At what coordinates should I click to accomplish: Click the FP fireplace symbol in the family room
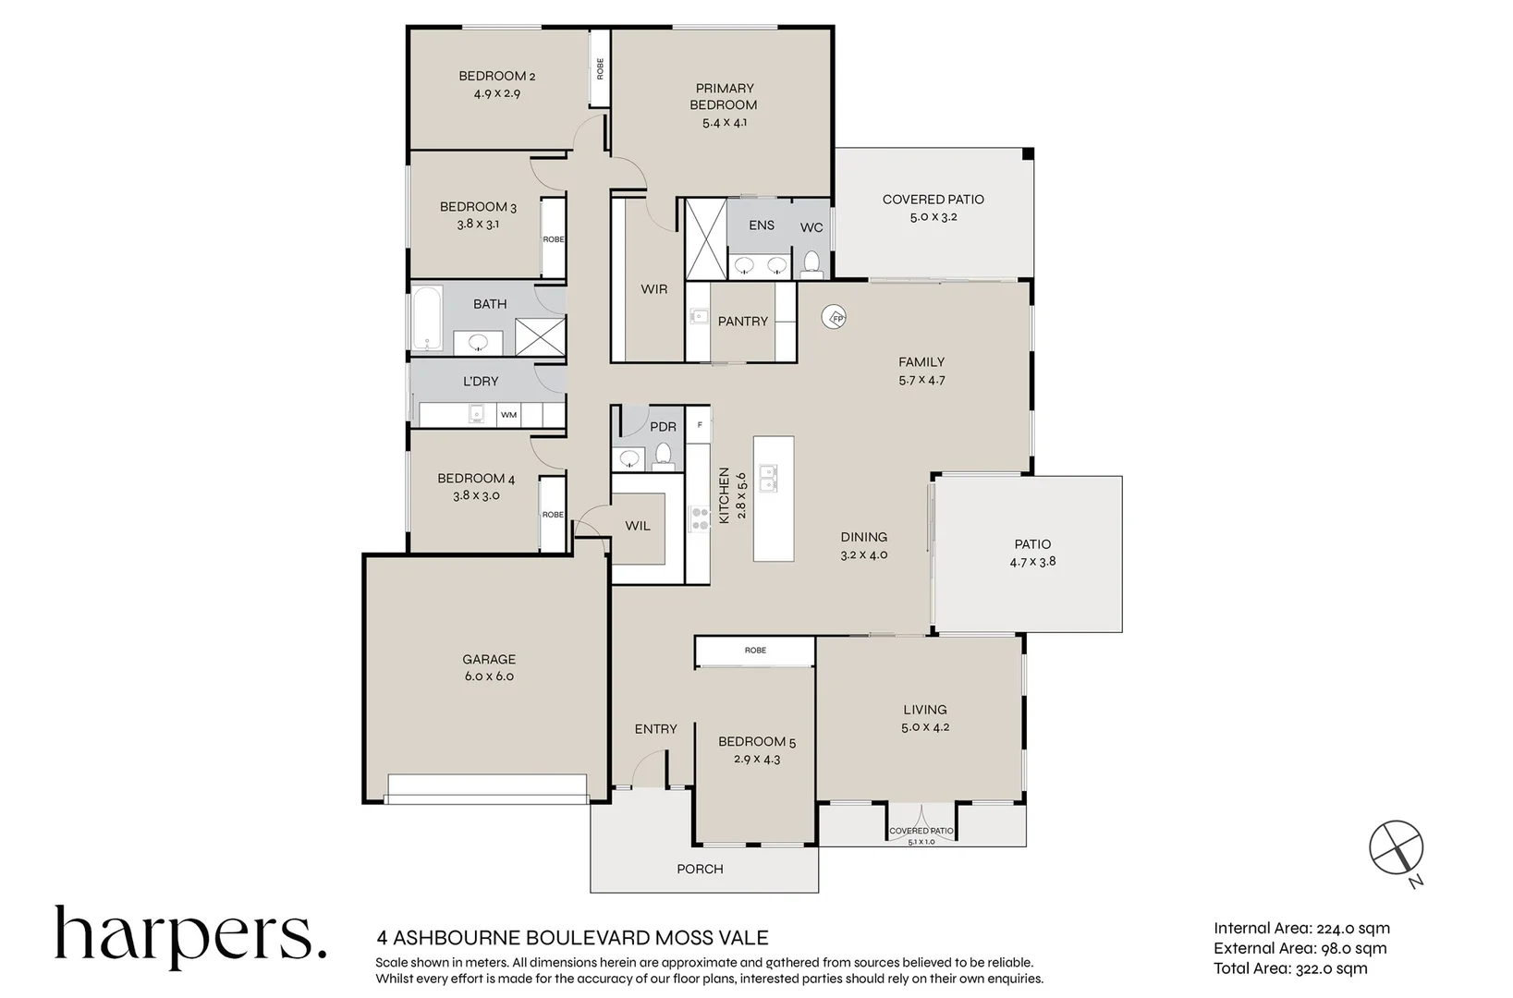836,318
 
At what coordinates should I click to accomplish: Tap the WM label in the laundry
508,415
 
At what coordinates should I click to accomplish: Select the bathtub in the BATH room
426,319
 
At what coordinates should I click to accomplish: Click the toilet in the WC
811,262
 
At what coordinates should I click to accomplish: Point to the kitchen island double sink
767,479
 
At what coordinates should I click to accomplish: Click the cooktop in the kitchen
699,517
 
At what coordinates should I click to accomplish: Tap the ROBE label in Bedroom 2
600,67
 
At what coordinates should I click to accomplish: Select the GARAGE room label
489,659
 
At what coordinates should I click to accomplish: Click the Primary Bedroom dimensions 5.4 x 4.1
724,122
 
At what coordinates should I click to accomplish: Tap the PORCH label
700,869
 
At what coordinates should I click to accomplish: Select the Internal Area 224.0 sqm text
1301,929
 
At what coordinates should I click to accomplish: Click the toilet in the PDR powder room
662,454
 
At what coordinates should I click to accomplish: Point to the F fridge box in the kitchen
700,425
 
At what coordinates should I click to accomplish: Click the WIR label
653,289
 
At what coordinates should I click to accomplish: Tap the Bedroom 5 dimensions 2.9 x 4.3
756,760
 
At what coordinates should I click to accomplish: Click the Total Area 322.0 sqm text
1290,968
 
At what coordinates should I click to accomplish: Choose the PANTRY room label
742,321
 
